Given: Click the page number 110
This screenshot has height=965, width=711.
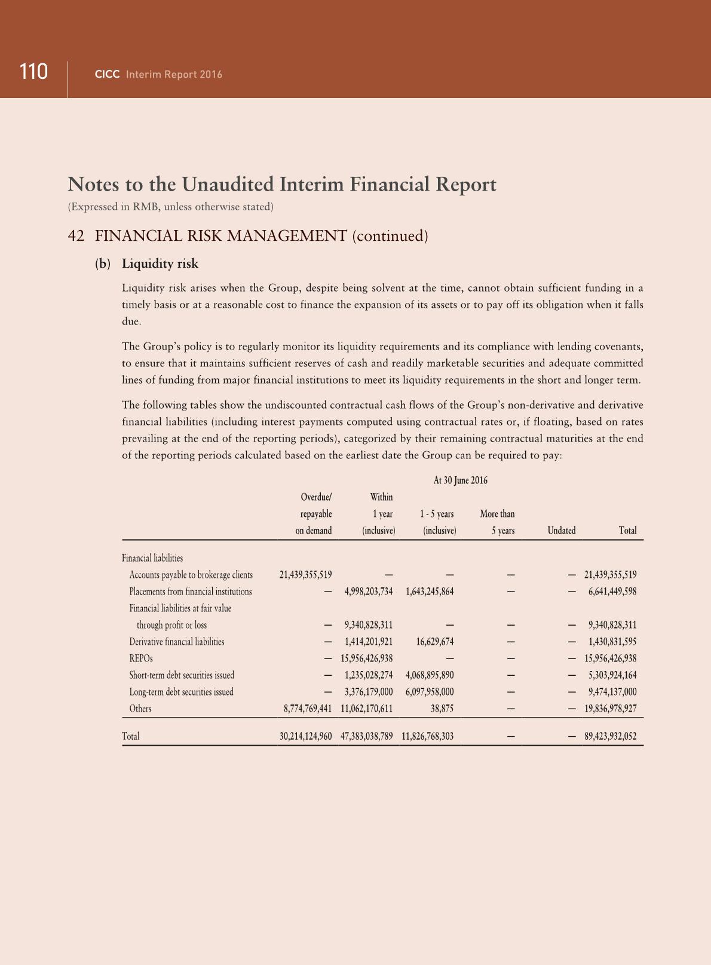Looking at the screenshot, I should (x=33, y=72).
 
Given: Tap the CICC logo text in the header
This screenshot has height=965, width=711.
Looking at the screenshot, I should (x=108, y=75).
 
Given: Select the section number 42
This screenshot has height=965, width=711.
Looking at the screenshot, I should (x=76, y=236).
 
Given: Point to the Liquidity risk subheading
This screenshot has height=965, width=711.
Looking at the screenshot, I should (x=160, y=264).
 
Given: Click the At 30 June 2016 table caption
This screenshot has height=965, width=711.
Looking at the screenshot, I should (x=460, y=480).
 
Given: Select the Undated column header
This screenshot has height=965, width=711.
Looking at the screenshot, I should (x=561, y=531).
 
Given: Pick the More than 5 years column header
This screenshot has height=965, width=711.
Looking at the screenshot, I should (x=497, y=522).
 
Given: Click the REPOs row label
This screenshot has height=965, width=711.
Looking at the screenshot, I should (x=141, y=658).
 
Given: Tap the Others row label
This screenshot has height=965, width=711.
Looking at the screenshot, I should (x=140, y=709).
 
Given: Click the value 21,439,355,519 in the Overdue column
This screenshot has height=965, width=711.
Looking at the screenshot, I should (x=305, y=575).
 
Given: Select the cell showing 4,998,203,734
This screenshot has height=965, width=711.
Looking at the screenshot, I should (x=369, y=592).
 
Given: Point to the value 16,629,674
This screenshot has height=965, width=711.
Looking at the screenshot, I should (x=434, y=642).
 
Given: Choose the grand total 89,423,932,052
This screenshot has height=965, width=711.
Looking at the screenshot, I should (x=610, y=736).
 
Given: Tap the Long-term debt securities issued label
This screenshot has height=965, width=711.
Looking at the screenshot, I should (x=181, y=692).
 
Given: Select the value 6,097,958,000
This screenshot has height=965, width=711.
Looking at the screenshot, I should (x=429, y=692).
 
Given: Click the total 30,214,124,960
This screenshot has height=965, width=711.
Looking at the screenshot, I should (x=305, y=736).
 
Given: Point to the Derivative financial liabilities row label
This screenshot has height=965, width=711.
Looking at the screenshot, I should (x=177, y=642).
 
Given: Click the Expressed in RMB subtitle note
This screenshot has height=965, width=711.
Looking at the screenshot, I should (x=170, y=207).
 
